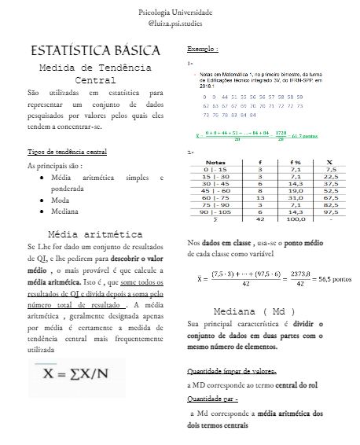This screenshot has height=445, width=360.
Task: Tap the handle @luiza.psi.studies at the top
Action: (x=179, y=24)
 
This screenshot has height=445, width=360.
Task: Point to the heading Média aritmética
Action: (x=95, y=234)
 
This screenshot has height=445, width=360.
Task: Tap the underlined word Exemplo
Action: (x=203, y=48)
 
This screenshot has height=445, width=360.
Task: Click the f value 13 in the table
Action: (x=260, y=197)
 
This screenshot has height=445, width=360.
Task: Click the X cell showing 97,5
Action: (x=330, y=211)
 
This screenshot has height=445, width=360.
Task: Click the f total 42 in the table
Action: (x=260, y=219)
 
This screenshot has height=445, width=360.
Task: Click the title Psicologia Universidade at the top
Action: (x=179, y=13)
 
